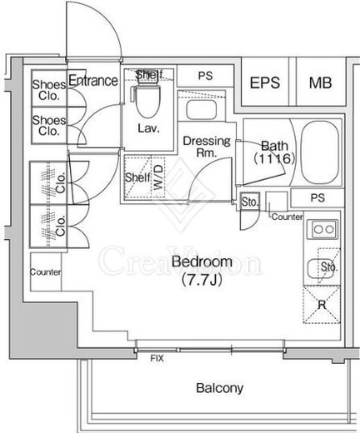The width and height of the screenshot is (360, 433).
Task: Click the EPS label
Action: pos(265,82)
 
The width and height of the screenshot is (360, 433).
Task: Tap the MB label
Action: pos(320,82)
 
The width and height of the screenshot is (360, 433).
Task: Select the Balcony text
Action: pos(220,388)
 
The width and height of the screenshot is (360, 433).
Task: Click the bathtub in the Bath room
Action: pos(320,152)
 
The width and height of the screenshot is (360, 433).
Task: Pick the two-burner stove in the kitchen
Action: pos(323,229)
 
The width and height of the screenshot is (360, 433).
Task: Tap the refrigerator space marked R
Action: pos(322,305)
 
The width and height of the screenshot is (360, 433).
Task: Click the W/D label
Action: pos(158,177)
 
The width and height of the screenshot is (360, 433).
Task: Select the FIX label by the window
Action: pos(157,358)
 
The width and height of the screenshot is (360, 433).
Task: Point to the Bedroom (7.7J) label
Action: pos(202,271)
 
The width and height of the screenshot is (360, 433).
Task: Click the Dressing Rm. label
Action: pos(207,147)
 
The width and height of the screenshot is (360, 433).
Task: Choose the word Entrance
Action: pos(93,81)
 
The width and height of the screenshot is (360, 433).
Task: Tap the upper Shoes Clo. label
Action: pos(49,90)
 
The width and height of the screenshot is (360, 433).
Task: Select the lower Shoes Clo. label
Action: pos(49,126)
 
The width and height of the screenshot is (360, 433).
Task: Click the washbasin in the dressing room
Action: pos(202,110)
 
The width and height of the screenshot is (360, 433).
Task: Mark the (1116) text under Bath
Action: pos(274,159)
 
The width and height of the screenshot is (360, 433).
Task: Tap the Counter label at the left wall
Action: pos(46,272)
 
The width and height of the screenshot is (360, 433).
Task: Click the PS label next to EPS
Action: pos(206,76)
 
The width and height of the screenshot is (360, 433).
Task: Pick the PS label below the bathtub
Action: pos(317,198)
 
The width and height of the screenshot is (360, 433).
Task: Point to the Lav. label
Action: pos(148,128)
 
